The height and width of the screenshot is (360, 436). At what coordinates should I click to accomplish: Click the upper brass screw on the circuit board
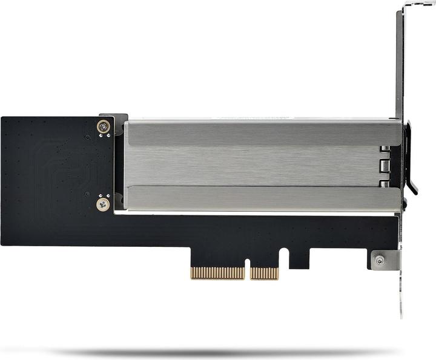104,127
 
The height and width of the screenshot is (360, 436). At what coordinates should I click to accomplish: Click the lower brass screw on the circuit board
103,205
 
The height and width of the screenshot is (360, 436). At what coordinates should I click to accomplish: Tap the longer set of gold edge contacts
217,273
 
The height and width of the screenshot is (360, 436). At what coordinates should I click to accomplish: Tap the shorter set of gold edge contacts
264,273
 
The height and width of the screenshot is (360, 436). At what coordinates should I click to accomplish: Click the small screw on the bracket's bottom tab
380,260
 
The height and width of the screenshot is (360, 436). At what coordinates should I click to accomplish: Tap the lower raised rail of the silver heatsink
260,198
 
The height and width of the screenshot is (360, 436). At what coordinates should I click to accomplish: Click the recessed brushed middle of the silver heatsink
254,165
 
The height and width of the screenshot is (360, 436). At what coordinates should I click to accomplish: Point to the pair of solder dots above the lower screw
103,195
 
